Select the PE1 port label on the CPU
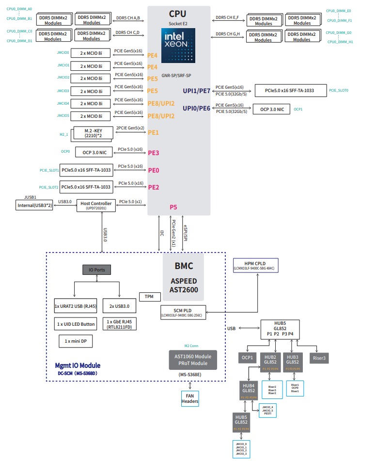pos(153,132)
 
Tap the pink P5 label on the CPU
pos(173,207)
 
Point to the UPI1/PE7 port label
pos(196,91)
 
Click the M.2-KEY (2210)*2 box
pos(93,133)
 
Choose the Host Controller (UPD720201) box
pos(96,206)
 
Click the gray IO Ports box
pos(97,269)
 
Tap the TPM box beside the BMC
pos(149,297)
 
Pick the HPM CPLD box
pos(255,265)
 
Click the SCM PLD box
pos(183,311)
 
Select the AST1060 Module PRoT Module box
pos(192,360)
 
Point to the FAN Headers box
pos(190,398)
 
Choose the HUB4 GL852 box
pos(248,390)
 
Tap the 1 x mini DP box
pos(76,341)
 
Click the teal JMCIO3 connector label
pos(63,91)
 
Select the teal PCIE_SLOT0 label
pos(339,91)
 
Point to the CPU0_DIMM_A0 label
pos(19,9)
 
